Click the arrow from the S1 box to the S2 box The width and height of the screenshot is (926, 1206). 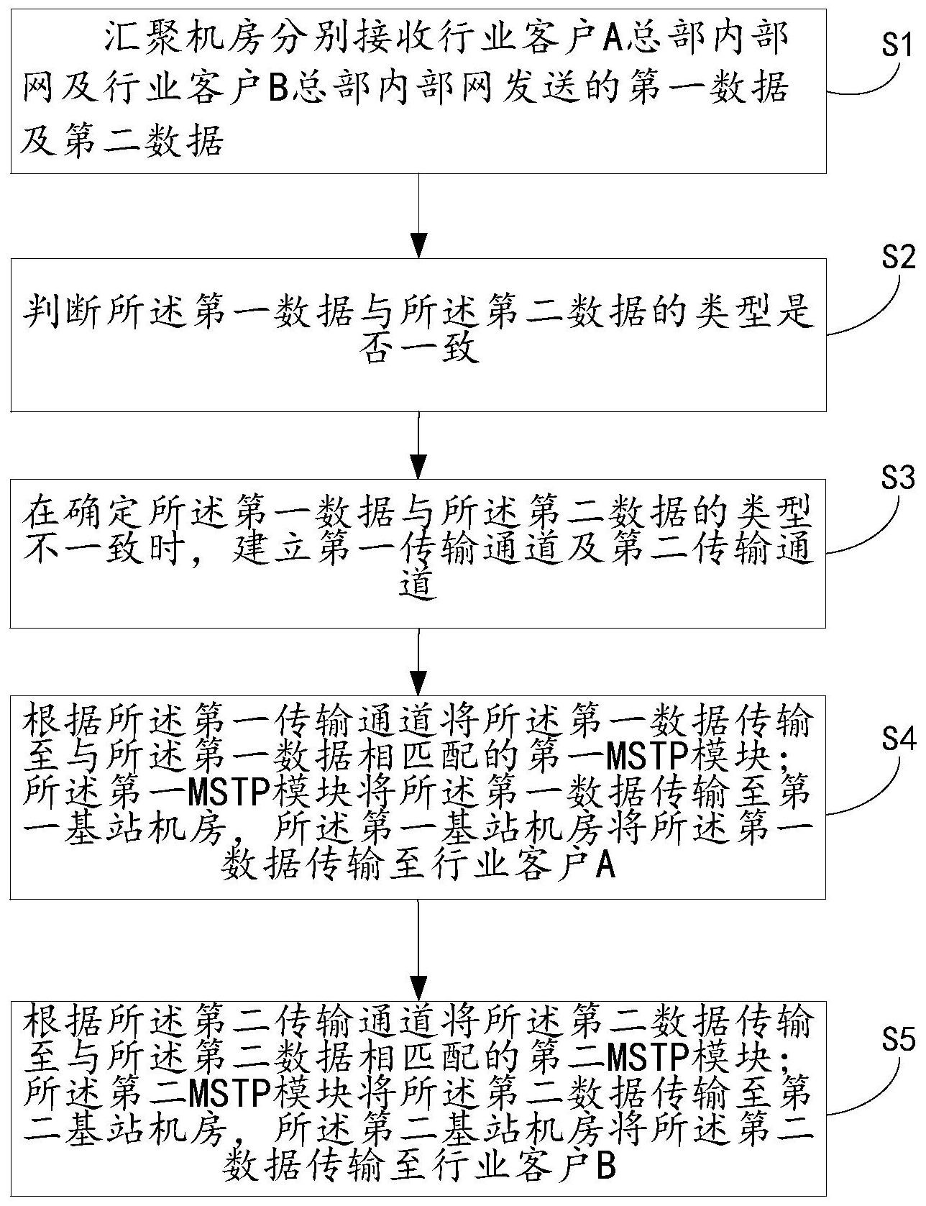point(418,216)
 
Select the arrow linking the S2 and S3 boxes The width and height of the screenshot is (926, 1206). point(418,439)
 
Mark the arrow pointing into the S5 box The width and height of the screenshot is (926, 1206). point(418,949)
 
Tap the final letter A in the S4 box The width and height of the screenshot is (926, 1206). point(606,866)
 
